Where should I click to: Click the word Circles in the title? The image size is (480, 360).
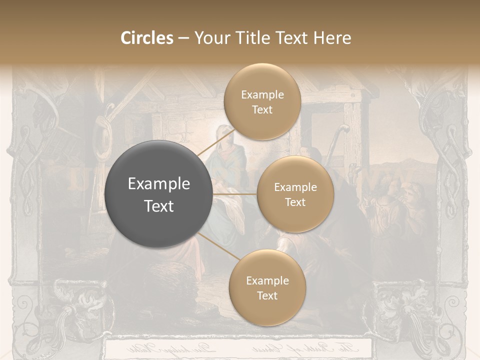coord(147,38)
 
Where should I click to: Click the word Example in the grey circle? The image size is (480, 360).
coord(158,184)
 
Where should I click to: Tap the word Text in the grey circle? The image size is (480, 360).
coord(158,206)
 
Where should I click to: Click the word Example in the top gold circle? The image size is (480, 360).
coord(262,94)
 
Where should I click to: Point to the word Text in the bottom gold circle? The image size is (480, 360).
coord(267,295)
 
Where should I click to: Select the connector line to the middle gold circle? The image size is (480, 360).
coord(235,194)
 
